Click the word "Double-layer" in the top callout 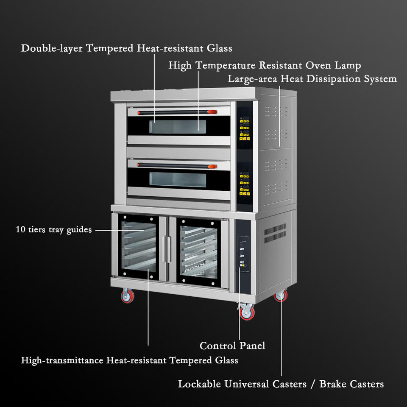52,48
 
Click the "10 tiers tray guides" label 54,229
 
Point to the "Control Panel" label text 232,346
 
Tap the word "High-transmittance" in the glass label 62,360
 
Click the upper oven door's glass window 178,126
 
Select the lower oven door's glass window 178,180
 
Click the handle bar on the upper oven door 177,112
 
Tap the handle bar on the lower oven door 177,166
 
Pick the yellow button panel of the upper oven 245,129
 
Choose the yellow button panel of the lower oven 245,184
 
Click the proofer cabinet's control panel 243,254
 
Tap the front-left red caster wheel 128,296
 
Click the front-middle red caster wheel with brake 247,312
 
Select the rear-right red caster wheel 281,295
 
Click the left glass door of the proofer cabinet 138,247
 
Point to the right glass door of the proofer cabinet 199,252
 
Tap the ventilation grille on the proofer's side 275,233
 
